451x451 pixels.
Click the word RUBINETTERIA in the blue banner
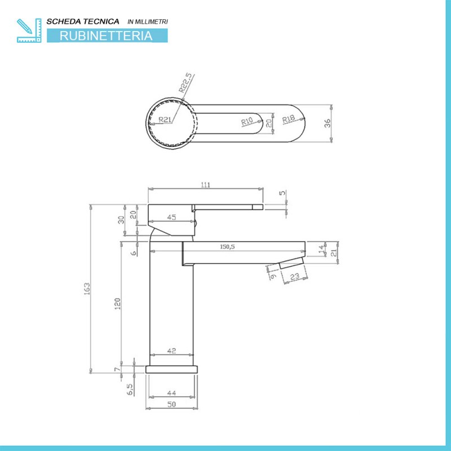[106, 36]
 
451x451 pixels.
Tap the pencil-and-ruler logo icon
[29, 30]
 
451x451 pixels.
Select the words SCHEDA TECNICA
[83, 21]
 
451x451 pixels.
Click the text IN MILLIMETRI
[148, 21]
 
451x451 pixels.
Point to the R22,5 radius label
[185, 82]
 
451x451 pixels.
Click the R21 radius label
[165, 120]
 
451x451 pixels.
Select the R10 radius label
[247, 121]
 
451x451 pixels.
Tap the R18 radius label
[288, 119]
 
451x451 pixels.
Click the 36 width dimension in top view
[328, 123]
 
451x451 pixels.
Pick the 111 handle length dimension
[205, 185]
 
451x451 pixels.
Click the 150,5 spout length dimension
[227, 247]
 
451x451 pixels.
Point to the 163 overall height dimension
[87, 289]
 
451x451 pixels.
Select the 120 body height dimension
[117, 304]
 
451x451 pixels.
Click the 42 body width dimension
[171, 351]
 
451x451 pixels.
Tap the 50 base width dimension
[171, 404]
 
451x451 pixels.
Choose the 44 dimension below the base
[171, 392]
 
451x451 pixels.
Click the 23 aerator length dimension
[295, 277]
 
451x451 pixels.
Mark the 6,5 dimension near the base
[130, 389]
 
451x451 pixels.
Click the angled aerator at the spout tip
[291, 263]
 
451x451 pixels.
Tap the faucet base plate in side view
[172, 369]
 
